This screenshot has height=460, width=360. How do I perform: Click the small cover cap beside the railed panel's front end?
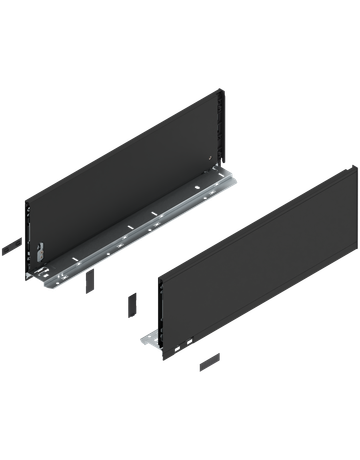[10, 243]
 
